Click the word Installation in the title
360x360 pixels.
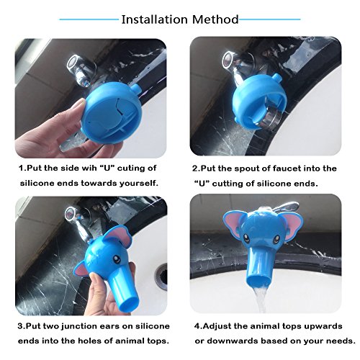[155, 19]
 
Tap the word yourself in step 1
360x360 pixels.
[139, 184]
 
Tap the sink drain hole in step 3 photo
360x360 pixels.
[161, 276]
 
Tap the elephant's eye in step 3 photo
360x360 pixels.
[116, 259]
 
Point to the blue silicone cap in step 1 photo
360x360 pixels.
[107, 112]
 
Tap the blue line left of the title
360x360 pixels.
[89, 19]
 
